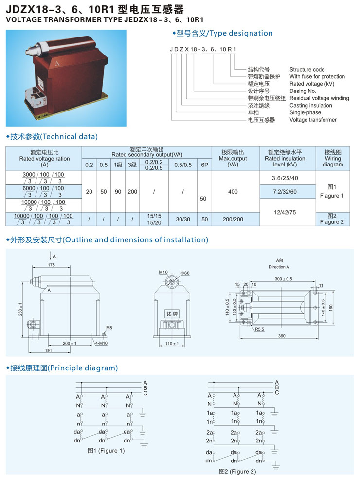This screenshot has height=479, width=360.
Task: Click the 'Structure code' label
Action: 307,69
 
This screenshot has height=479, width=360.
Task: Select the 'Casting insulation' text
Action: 310,106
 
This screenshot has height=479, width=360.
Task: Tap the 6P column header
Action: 205,165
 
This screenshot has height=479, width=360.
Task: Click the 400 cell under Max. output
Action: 233,191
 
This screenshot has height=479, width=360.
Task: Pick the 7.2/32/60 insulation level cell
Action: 285,191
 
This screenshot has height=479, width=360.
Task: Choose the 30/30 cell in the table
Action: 183,219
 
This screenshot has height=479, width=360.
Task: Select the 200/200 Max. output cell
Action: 233,219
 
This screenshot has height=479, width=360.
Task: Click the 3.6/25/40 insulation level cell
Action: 285,178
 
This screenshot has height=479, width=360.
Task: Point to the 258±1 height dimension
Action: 20,309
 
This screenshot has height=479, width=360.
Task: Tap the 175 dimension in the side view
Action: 51,265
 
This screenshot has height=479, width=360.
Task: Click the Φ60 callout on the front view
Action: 185,273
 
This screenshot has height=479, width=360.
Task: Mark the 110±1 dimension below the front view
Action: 172,343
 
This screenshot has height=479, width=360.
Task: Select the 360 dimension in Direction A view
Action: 282,336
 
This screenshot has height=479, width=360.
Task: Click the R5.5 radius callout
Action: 260,329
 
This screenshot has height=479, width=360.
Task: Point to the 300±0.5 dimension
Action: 283,279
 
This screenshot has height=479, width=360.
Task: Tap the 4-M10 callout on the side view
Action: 101,343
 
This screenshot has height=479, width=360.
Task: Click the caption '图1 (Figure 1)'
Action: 106,451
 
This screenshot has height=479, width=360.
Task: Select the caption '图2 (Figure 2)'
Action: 237,471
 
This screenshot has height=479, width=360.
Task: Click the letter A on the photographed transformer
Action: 57,64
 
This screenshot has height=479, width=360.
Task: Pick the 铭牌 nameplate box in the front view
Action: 172,313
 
